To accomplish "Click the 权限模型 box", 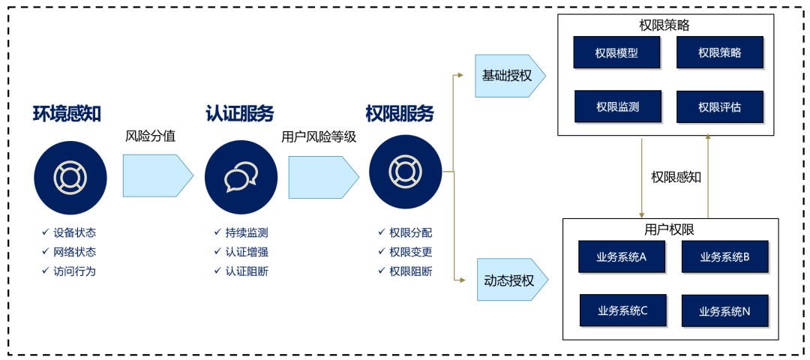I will point(616,52).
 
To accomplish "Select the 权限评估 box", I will point(719,106).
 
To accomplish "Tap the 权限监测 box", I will point(617,106).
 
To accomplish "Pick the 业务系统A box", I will point(621,256).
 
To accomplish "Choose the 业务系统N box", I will point(724,310).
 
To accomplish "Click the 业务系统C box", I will point(622,310).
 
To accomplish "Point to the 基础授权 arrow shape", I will point(508,76).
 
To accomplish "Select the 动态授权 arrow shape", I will point(510,281).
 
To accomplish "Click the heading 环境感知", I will point(67,114).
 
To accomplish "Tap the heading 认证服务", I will point(240,114).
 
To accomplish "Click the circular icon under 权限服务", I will point(405,172).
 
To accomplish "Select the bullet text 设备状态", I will point(74,232).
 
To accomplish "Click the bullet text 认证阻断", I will point(246,271).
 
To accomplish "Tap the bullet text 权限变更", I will point(410,252).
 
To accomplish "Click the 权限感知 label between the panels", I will point(676,177).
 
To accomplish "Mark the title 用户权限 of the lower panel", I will point(670,229).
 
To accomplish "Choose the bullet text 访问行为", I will point(74,271).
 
